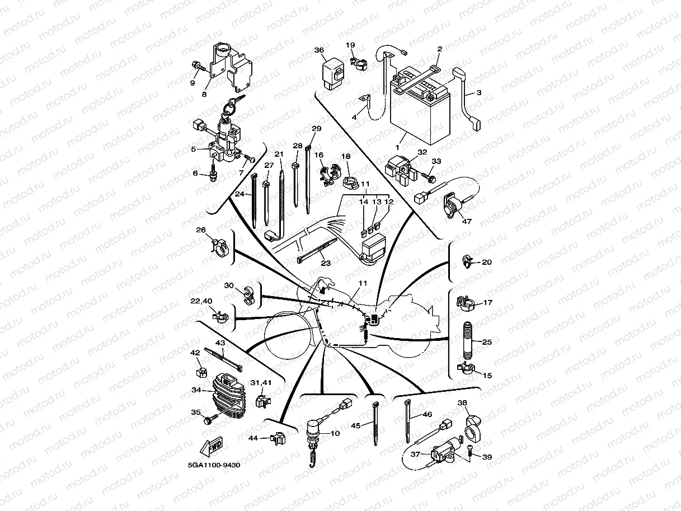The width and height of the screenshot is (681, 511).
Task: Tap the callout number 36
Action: click(319, 50)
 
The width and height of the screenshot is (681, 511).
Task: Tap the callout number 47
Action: click(467, 221)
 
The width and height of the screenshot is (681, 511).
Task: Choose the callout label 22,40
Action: click(201, 301)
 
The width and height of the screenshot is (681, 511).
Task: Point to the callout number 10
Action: click(335, 433)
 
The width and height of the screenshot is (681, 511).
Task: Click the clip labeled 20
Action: click(468, 260)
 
